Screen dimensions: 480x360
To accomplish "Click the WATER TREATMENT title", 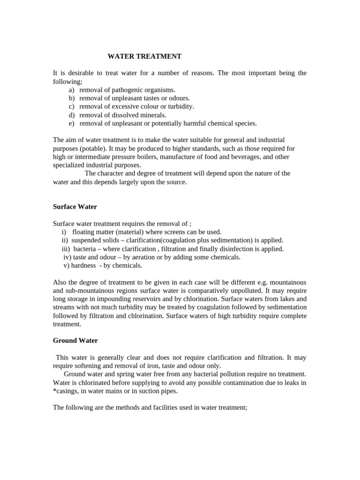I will click(144, 56).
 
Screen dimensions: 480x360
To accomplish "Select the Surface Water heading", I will click(75, 207).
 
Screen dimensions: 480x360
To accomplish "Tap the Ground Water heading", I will click(75, 340).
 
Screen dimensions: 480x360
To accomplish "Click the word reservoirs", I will click(145, 300).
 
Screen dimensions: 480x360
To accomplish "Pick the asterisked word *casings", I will click(65, 391).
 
